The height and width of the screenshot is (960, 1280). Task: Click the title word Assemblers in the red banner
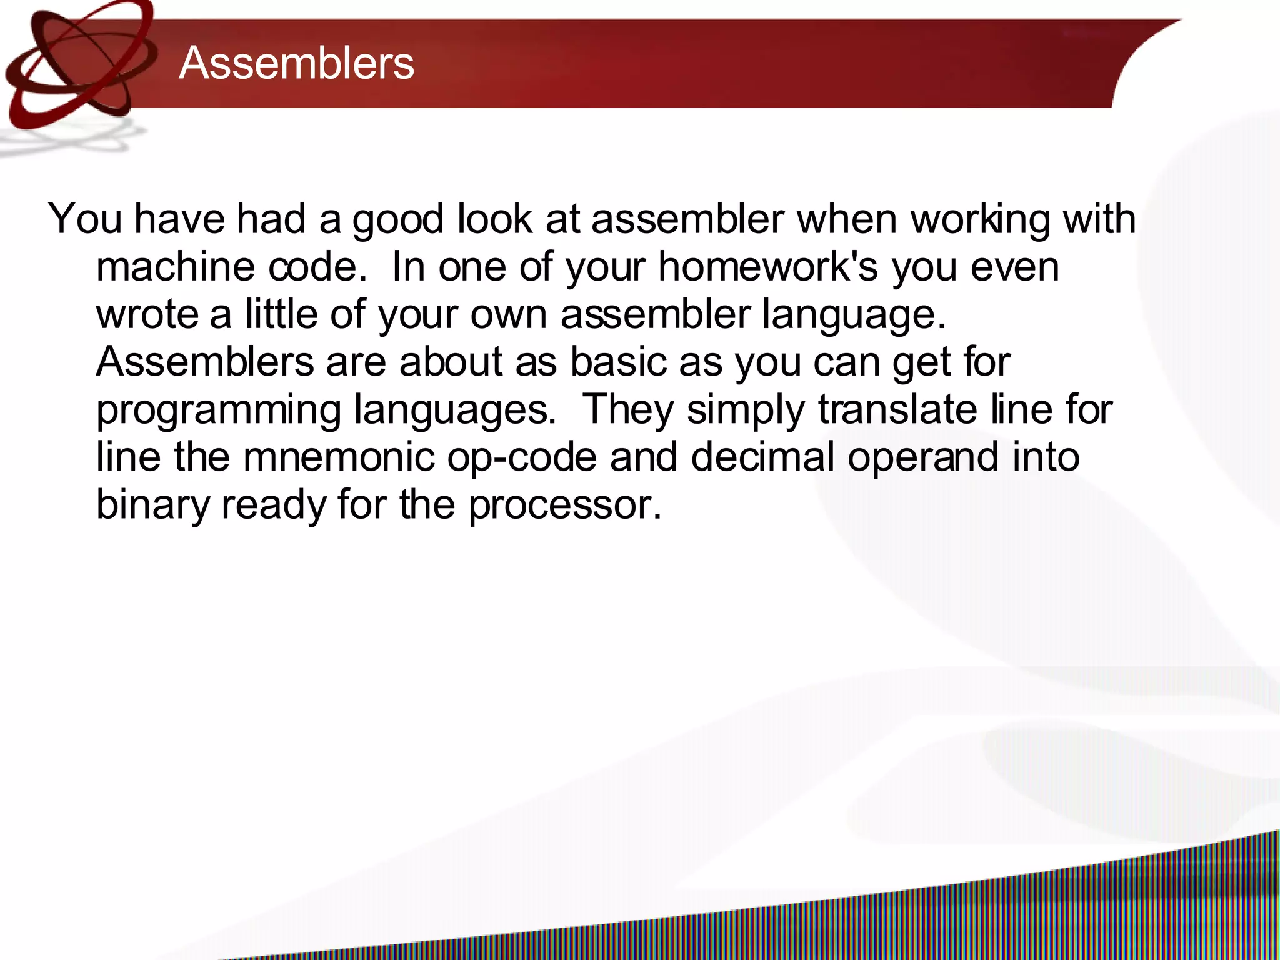(296, 63)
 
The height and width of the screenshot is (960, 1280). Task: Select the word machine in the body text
(176, 267)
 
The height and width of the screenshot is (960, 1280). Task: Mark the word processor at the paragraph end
(564, 505)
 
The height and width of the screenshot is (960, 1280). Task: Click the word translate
(897, 409)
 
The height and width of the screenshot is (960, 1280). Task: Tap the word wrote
(147, 314)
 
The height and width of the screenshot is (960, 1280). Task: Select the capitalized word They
(627, 409)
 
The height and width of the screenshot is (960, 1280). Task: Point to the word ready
(274, 505)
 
